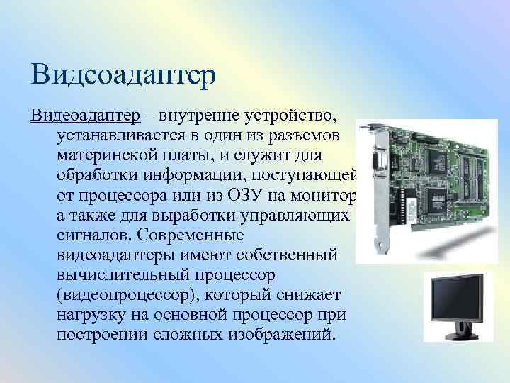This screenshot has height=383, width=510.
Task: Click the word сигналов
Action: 89,235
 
